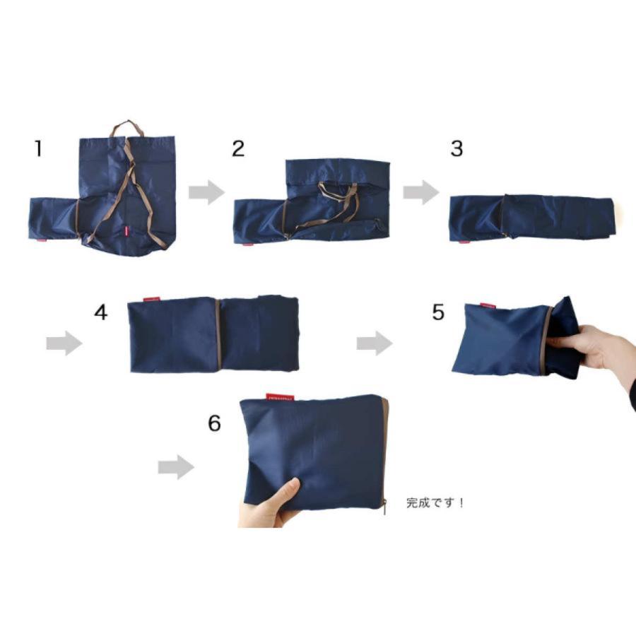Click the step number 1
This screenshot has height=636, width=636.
click(38, 149)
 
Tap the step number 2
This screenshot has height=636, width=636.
click(237, 148)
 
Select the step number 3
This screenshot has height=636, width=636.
click(456, 149)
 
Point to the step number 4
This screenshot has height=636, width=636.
click(101, 312)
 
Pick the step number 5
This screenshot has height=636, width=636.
click(438, 312)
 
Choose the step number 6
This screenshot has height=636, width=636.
click(214, 423)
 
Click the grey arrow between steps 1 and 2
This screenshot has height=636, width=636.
click(206, 192)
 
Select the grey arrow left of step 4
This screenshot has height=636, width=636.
click(64, 344)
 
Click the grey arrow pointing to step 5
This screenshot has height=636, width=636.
click(374, 344)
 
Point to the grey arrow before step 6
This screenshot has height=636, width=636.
click(175, 467)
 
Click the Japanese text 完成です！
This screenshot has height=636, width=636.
click(435, 504)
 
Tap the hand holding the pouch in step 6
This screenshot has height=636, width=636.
click(272, 505)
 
